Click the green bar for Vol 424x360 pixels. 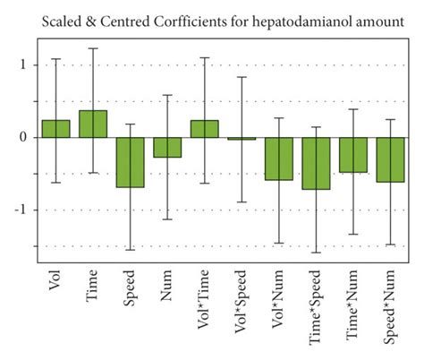55,129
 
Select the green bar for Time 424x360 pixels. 93,124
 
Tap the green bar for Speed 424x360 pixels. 131,162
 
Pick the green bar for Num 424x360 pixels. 167,147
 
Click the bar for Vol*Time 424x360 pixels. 205,129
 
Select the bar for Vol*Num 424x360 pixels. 279,159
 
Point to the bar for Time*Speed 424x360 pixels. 316,163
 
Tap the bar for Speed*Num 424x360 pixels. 391,159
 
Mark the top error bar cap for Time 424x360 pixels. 93,48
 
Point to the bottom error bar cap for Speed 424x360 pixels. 131,250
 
